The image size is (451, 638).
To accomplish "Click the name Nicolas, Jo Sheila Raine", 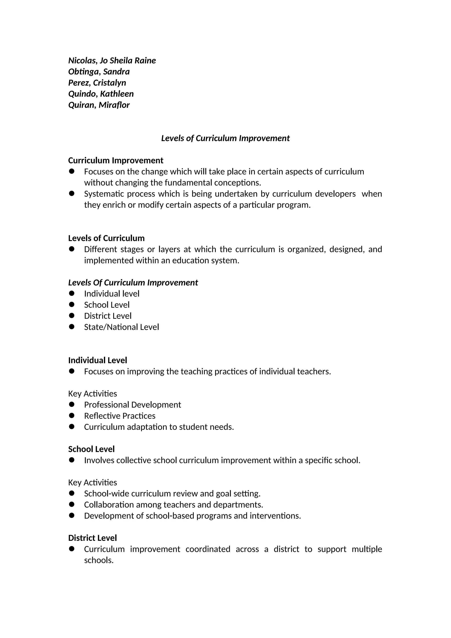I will (x=112, y=61).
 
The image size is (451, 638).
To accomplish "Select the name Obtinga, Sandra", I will (x=99, y=72).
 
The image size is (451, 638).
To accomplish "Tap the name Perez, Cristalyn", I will (x=97, y=83).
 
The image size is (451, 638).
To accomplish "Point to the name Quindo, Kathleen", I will (x=101, y=94).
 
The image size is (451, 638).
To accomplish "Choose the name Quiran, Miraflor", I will (x=99, y=105).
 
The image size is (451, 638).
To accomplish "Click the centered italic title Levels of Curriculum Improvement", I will (x=225, y=138).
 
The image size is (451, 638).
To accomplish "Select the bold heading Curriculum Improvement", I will (x=116, y=161).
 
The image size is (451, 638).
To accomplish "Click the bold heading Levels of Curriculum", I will (x=106, y=238).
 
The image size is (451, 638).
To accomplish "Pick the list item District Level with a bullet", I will (x=108, y=316).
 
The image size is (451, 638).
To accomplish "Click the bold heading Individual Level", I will (x=98, y=360).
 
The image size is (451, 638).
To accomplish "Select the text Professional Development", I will (x=133, y=405).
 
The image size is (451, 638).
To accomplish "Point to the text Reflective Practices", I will (x=120, y=416).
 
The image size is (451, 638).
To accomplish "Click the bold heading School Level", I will (x=91, y=449).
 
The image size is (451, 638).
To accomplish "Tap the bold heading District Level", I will (x=92, y=538).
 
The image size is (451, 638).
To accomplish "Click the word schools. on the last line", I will (x=99, y=560).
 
